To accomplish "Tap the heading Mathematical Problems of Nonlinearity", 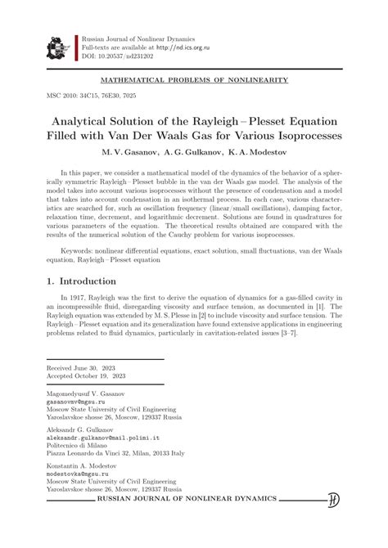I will [193, 80].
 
